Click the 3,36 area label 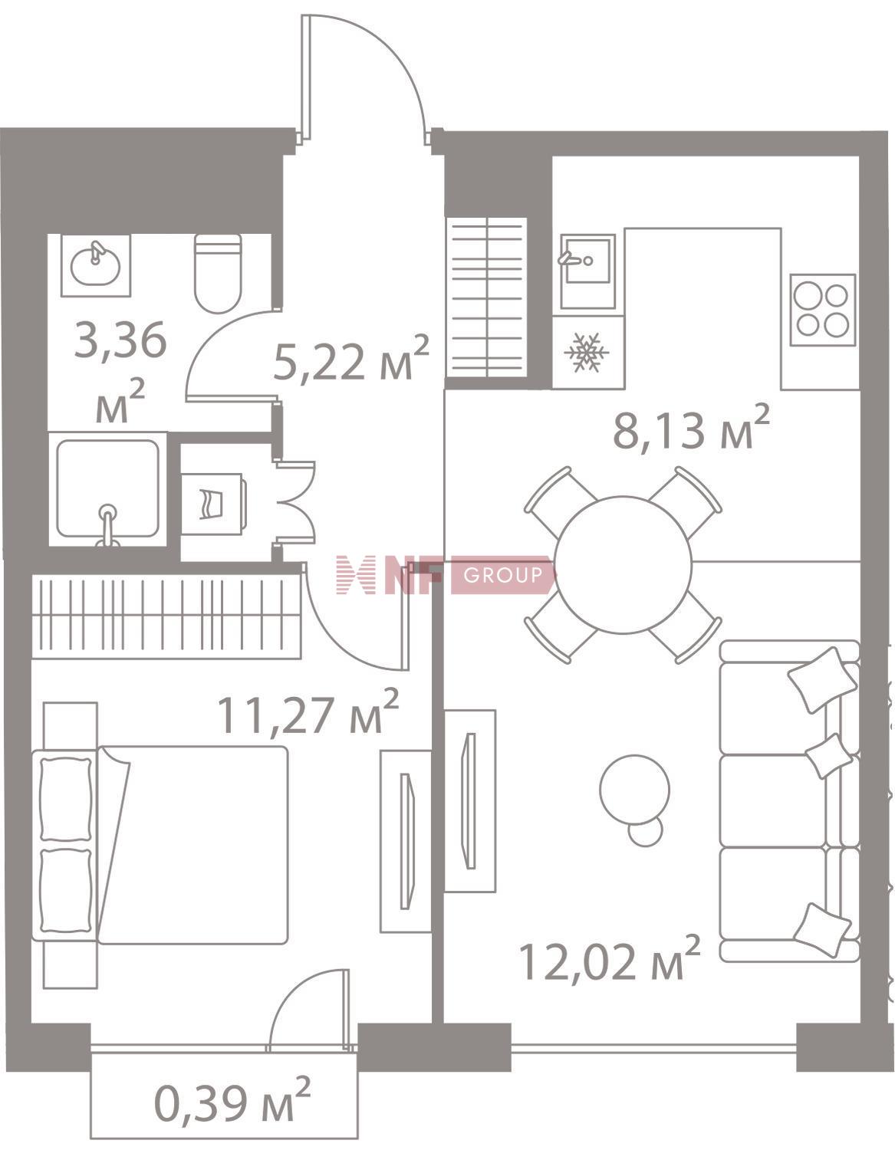(x=120, y=341)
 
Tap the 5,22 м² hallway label (x=350, y=358)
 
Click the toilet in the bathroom (x=218, y=273)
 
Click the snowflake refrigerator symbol (x=586, y=351)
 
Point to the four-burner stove (x=822, y=310)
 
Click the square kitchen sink (x=587, y=271)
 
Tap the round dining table (x=624, y=565)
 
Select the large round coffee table (x=635, y=789)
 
